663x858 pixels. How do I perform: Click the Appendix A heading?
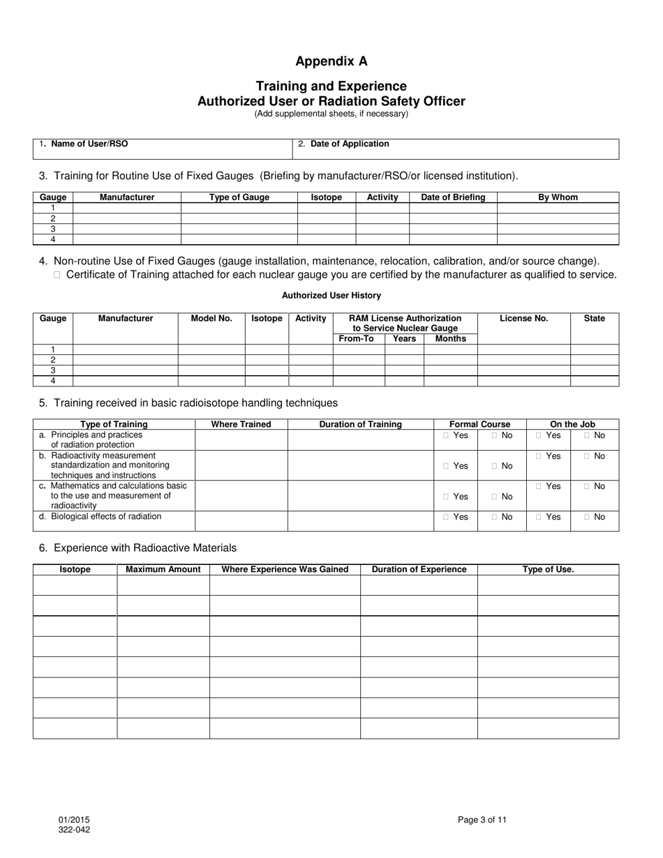[x=331, y=61]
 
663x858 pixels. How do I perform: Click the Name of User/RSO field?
[x=163, y=149]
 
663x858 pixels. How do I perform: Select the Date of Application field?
[x=455, y=149]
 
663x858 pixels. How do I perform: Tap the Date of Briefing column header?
[x=453, y=197]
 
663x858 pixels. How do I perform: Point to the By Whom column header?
[x=558, y=197]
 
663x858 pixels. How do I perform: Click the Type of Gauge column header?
[x=239, y=197]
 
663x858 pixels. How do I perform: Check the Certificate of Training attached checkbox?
[x=57, y=275]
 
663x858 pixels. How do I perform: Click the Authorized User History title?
[x=331, y=296]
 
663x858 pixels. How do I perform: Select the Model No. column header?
[x=211, y=319]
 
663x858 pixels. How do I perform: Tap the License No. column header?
[x=523, y=319]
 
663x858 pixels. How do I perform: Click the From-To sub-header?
[x=356, y=339]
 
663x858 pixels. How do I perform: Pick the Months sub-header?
[x=450, y=339]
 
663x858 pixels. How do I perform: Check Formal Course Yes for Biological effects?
[x=447, y=518]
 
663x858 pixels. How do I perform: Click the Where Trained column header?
[x=241, y=424]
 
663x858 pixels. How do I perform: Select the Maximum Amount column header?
[x=163, y=569]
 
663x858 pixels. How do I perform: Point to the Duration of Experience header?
[x=419, y=569]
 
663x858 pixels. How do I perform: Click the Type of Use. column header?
[x=548, y=569]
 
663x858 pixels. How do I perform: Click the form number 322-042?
[x=73, y=830]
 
